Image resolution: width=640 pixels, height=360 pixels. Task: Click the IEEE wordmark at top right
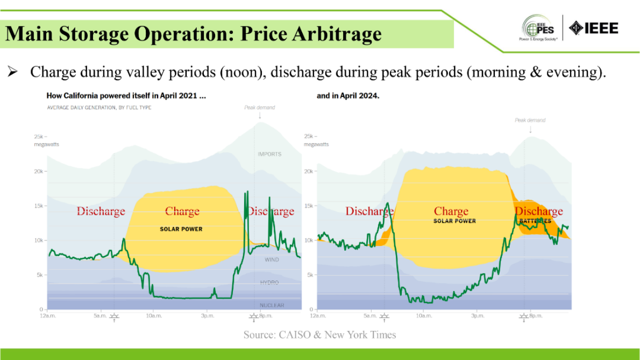(x=594, y=27)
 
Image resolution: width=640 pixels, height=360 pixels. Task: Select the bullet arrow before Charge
(x=13, y=72)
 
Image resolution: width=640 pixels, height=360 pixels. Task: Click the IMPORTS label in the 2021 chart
(x=269, y=154)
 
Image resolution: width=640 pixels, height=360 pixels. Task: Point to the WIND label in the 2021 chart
(x=272, y=260)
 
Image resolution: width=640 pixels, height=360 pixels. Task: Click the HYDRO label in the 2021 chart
(x=269, y=282)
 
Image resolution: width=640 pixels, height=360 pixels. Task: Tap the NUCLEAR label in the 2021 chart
(x=272, y=305)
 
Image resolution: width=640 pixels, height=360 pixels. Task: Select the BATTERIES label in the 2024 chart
(x=535, y=221)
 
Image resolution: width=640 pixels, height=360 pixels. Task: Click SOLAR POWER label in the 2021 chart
(x=181, y=229)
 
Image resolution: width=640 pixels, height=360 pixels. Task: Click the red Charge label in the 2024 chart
(x=451, y=211)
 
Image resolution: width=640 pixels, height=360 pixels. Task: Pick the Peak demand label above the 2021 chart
(x=260, y=108)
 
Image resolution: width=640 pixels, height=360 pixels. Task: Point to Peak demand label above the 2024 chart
(x=530, y=121)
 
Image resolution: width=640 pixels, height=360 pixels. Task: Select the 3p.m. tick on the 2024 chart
(x=477, y=316)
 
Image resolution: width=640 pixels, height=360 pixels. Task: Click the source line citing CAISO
(x=319, y=335)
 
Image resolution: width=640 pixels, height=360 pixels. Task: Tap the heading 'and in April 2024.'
(x=348, y=96)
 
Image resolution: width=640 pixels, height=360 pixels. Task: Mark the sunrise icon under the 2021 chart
(x=114, y=317)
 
